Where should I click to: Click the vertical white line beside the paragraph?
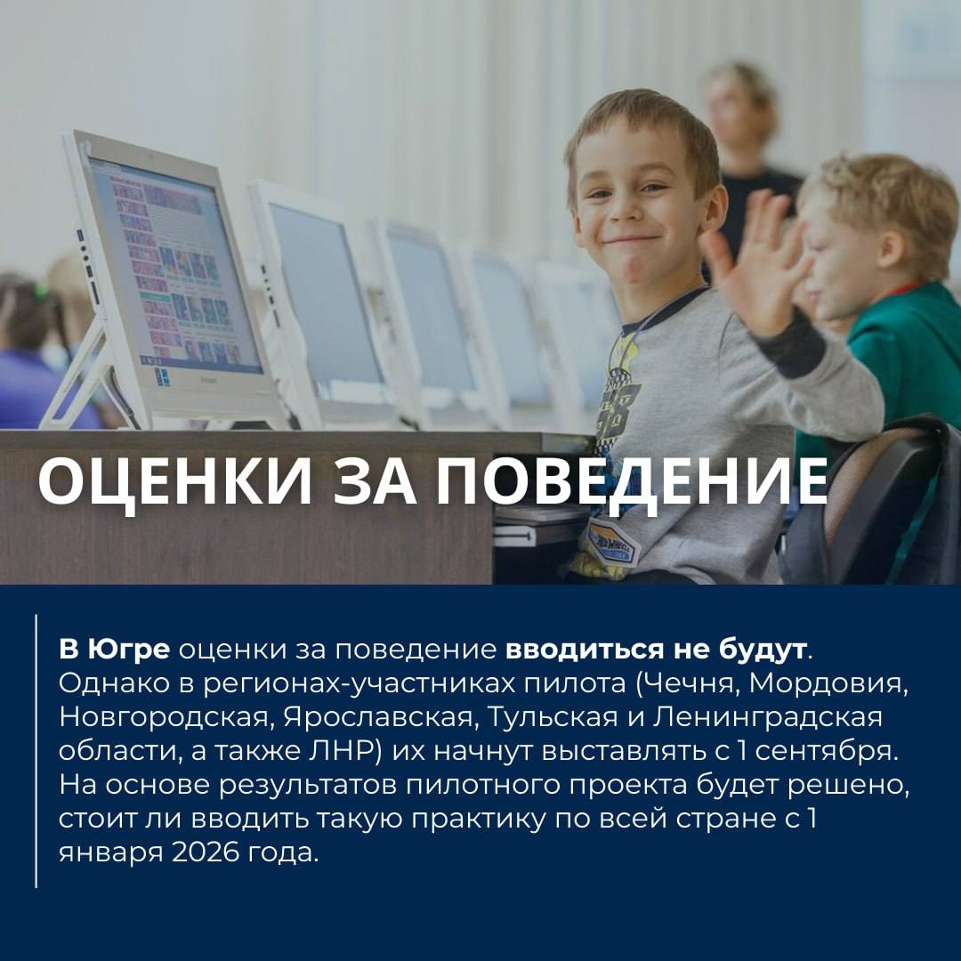36,751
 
